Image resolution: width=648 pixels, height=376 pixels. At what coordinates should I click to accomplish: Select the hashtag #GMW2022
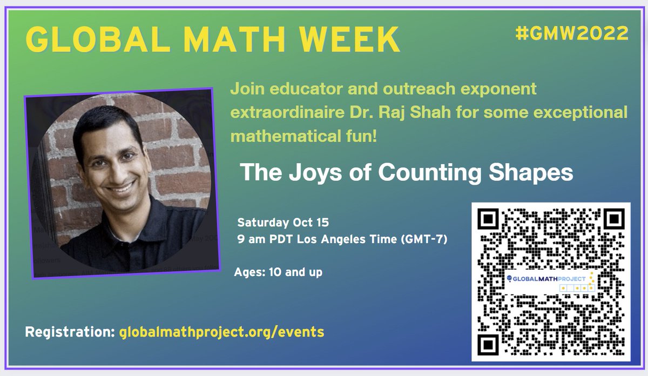click(572, 33)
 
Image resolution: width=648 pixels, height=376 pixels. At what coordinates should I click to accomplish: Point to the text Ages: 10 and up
click(278, 272)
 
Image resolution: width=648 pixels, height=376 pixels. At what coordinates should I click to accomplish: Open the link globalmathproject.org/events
click(221, 331)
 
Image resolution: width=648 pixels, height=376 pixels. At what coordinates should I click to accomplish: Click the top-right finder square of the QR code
click(613, 219)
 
